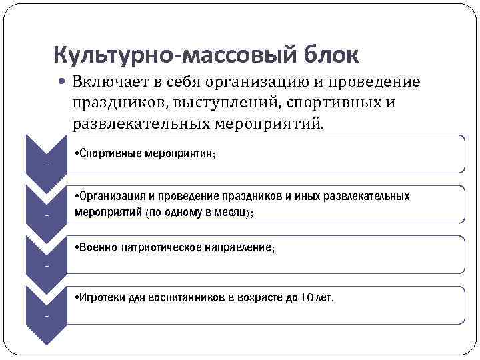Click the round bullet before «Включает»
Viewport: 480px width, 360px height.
(62, 83)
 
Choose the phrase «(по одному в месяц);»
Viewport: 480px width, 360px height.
(199, 211)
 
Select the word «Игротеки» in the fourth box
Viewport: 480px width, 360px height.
(102, 297)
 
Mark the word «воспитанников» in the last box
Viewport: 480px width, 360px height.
(189, 297)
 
